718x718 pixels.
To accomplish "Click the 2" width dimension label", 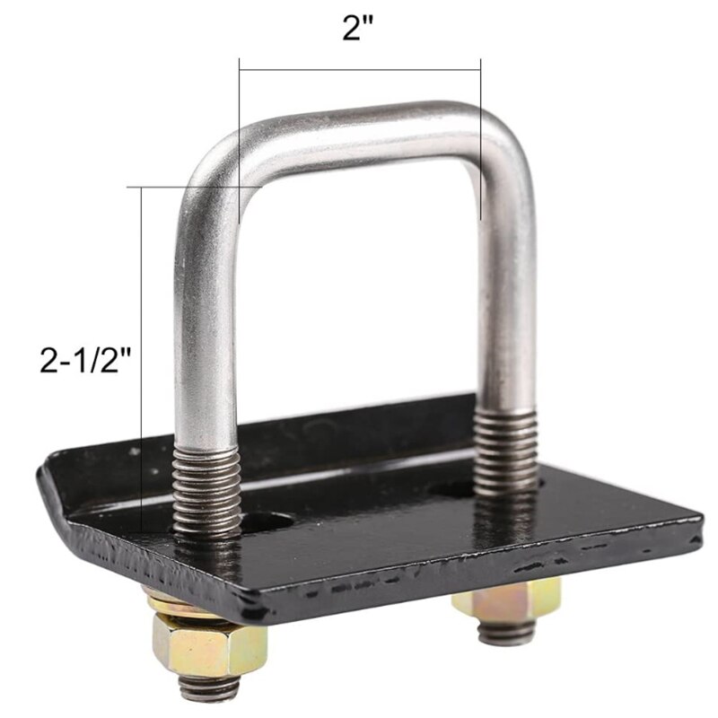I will tap(360, 29).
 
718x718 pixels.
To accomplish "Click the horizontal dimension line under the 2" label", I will tap(360, 60).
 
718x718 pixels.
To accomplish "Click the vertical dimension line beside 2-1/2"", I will tap(142, 359).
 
